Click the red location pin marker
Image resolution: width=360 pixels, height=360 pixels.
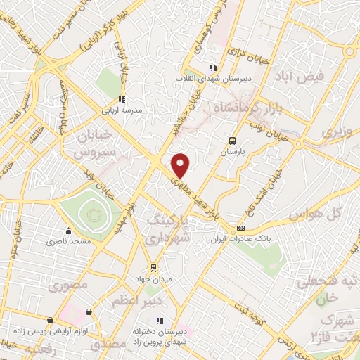tap(181, 165)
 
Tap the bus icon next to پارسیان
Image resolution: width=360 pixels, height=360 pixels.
tap(233, 140)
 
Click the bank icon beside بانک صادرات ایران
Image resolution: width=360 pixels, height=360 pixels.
tap(241, 228)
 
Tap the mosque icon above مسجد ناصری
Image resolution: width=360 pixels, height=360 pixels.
tap(68, 231)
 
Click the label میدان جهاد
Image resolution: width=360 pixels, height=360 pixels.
tap(153, 278)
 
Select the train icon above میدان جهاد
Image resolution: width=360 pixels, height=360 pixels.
tap(153, 268)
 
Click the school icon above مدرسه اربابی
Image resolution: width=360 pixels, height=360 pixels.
tap(121, 99)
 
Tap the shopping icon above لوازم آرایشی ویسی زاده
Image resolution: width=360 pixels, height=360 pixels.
tap(89, 311)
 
